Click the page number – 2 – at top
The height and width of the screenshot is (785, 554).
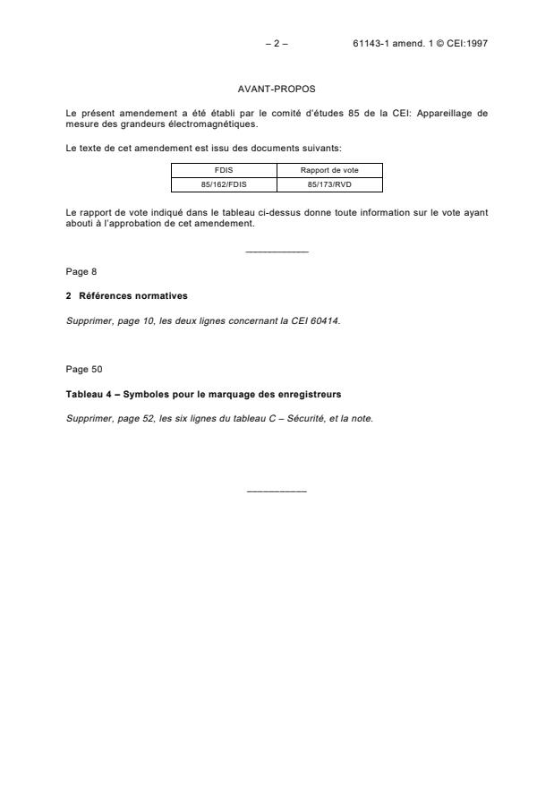(277, 43)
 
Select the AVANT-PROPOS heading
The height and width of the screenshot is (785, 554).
(277, 90)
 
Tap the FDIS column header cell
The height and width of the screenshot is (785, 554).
(224, 169)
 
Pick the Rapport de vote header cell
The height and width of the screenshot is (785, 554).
(329, 169)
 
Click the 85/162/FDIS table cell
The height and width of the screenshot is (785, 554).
(224, 185)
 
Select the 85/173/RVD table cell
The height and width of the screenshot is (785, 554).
(329, 185)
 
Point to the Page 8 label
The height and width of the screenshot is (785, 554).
(81, 271)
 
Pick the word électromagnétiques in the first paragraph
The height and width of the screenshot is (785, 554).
(212, 124)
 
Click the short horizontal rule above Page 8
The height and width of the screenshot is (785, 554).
(277, 252)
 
